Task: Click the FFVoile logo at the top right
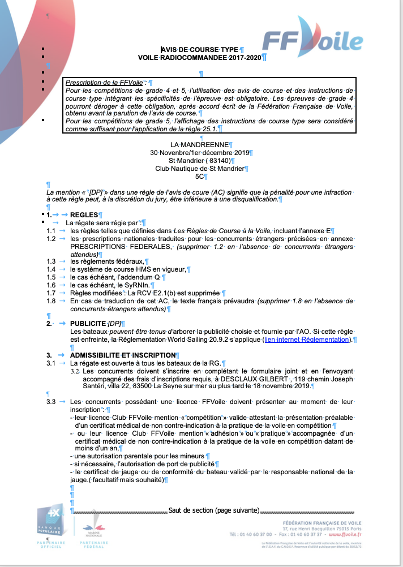pyautogui.click(x=312, y=43)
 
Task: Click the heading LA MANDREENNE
pyautogui.click(x=201, y=145)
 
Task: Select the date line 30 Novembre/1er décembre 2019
pyautogui.click(x=200, y=153)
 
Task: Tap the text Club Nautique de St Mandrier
pyautogui.click(x=200, y=169)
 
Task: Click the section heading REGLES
pyautogui.click(x=84, y=215)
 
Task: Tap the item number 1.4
pyautogui.click(x=51, y=269)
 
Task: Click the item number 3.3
pyautogui.click(x=51, y=401)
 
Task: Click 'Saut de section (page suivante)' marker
pyautogui.click(x=214, y=510)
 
